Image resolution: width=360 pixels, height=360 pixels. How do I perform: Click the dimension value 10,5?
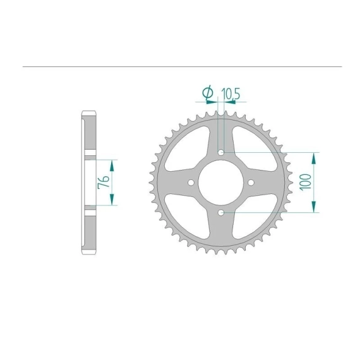(231, 94)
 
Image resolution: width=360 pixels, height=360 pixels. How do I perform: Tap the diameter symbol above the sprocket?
(208, 92)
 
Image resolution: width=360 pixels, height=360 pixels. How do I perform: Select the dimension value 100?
(305, 182)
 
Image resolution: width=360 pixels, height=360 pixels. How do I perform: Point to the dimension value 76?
(104, 182)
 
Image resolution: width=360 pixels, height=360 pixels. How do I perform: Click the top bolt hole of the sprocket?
(221, 152)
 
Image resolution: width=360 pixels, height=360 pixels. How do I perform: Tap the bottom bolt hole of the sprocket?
(221, 213)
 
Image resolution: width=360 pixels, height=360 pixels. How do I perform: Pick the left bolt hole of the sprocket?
(191, 183)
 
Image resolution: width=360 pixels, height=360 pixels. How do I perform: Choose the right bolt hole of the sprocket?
(251, 183)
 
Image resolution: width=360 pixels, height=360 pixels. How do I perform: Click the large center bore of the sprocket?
(221, 183)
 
